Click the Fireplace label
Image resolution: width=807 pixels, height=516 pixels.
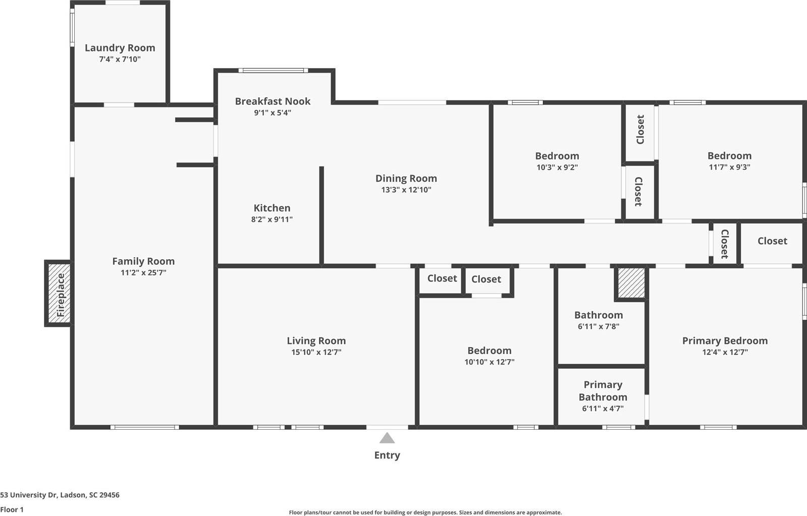pos(61,295)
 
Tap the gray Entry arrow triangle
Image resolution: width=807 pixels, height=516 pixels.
pos(387,438)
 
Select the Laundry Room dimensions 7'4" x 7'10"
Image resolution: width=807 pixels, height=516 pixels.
pos(120,60)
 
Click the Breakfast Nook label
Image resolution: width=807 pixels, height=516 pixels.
pos(273,101)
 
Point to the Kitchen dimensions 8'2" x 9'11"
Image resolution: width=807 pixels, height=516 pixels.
pos(272,219)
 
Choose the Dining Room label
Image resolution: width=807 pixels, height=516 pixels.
pos(406,178)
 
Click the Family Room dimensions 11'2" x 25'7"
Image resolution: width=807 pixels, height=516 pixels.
pos(143,273)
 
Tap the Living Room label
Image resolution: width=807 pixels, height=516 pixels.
pos(316,340)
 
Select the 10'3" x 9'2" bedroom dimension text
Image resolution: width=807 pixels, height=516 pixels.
pos(557,167)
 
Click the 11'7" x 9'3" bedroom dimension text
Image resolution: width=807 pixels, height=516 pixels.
pos(729,167)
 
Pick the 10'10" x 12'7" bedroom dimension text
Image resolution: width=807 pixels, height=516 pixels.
pos(489,362)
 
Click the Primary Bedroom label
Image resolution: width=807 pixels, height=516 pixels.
pos(725,340)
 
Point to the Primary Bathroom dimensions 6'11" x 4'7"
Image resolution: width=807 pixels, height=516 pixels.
pos(603,409)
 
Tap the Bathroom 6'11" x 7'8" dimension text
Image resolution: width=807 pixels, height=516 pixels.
pos(599,326)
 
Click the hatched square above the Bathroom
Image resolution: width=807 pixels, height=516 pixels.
pos(631,283)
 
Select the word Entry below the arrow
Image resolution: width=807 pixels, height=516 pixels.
pos(387,455)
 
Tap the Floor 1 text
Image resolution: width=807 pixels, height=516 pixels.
pos(12,509)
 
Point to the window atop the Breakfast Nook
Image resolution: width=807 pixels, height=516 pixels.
pos(273,71)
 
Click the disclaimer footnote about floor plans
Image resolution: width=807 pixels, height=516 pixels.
pos(425,512)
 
